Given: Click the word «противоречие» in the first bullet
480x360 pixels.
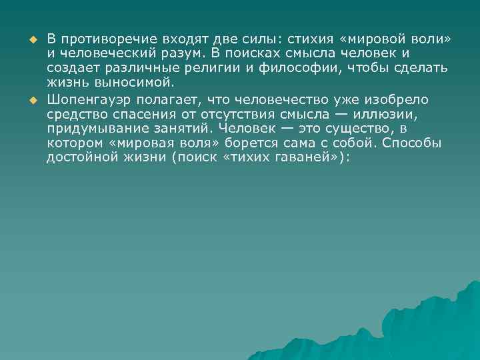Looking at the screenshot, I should [99, 40].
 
